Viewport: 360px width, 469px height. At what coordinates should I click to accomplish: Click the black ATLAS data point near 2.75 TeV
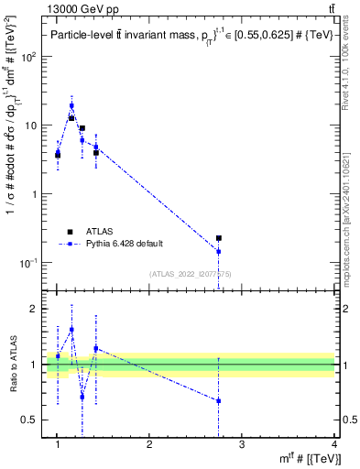click(219, 238)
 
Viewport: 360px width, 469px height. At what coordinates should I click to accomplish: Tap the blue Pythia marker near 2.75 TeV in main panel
click(219, 251)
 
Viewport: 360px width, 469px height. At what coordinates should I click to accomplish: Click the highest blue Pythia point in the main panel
click(71, 105)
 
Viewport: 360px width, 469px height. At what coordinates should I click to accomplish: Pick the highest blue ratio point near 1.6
click(71, 330)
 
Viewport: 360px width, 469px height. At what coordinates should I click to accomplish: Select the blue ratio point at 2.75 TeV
click(219, 401)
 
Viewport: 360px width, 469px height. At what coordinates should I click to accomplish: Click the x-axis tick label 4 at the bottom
click(334, 445)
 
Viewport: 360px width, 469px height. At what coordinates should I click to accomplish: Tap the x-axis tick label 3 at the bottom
click(242, 445)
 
